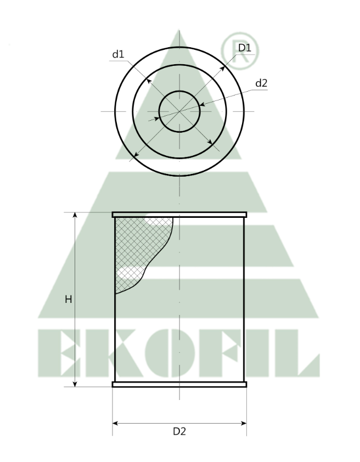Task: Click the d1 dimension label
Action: (118, 54)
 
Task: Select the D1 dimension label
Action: (244, 48)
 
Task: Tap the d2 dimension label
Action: (261, 83)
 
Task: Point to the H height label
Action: (68, 300)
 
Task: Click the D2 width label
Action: (179, 431)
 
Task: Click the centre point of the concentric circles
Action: (179, 111)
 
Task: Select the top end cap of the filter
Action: (179, 215)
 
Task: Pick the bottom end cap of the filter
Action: (179, 385)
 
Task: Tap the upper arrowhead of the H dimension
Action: (75, 216)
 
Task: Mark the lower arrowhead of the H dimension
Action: (75, 384)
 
